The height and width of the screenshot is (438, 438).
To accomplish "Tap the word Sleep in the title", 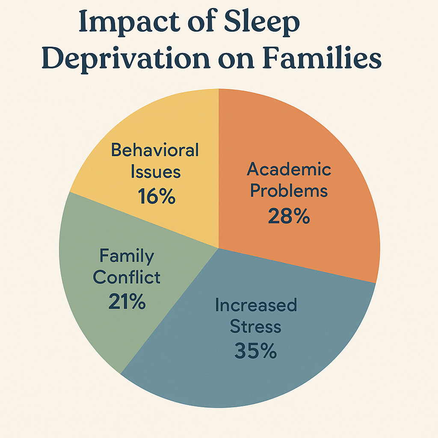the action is point(262,22).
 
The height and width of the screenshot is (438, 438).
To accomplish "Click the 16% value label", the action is point(157,196).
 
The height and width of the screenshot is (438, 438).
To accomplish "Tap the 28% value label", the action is point(289,216).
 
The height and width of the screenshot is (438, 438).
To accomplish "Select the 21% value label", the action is point(127,301).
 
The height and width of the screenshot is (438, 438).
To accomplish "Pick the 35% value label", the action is point(256,351).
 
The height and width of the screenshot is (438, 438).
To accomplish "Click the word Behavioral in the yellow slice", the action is point(155,150).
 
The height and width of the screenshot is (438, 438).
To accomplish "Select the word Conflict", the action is point(127,277).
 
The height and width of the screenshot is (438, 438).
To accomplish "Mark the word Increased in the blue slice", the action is point(256,305).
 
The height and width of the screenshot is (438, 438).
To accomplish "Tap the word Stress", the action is point(255,326).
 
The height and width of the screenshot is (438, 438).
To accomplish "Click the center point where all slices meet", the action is point(219,248).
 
